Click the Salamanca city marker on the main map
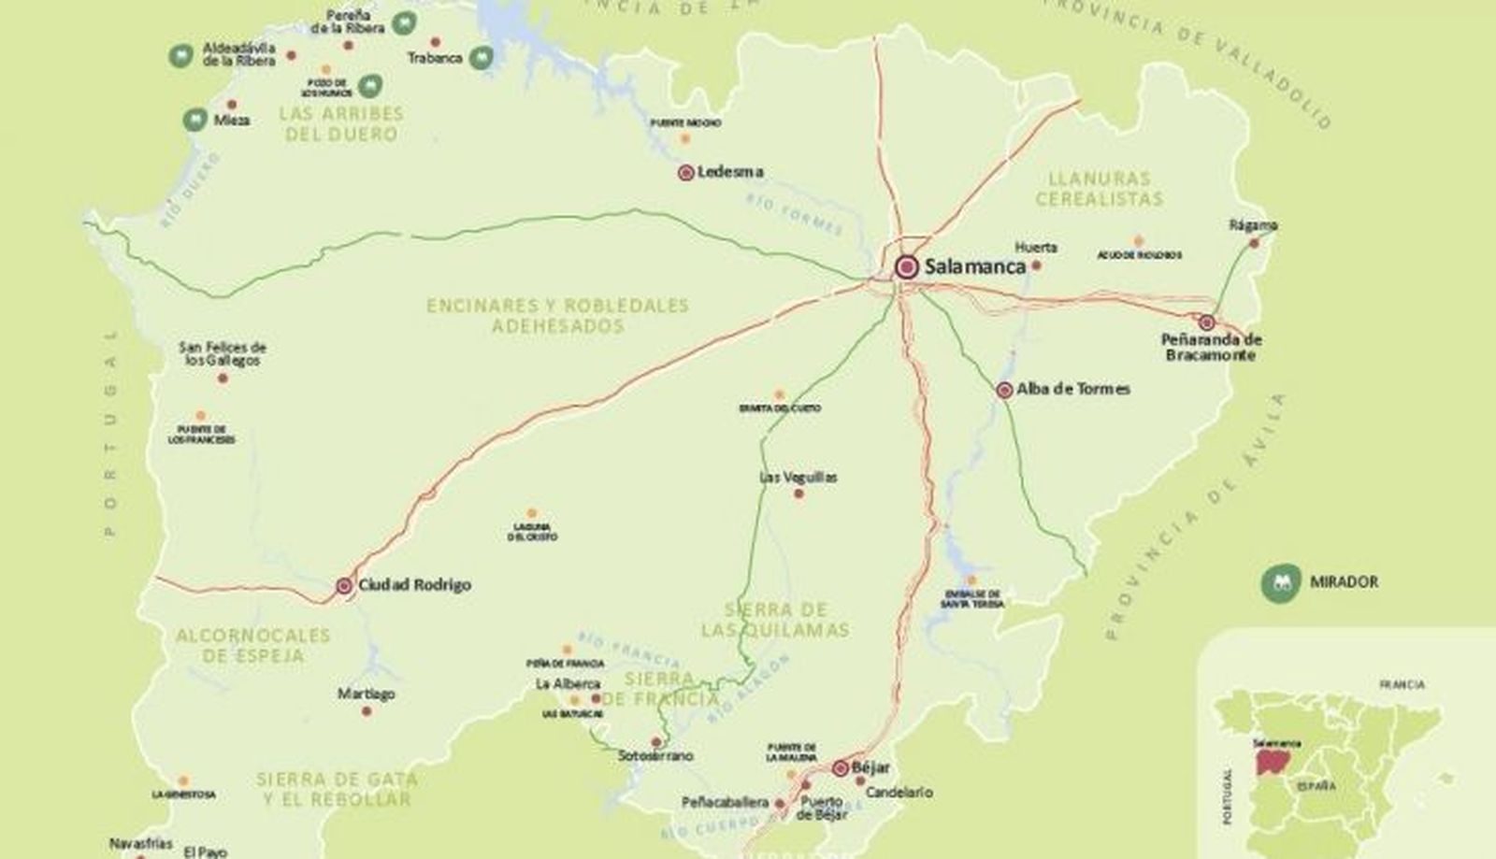point(905,267)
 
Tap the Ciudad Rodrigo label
point(414,585)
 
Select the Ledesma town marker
point(685,172)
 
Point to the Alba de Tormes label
point(1072,389)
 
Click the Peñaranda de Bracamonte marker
point(1206,322)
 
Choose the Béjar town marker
point(840,768)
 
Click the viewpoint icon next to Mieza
point(194,120)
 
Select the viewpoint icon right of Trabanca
point(482,58)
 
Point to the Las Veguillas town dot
point(798,494)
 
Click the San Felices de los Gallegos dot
point(223,379)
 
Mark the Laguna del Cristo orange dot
point(532,513)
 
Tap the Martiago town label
point(366,694)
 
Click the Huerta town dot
point(1036,265)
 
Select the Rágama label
point(1253,225)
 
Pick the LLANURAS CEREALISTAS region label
point(1099,188)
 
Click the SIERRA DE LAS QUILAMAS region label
point(775,620)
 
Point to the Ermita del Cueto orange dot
point(779,394)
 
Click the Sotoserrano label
point(655,755)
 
